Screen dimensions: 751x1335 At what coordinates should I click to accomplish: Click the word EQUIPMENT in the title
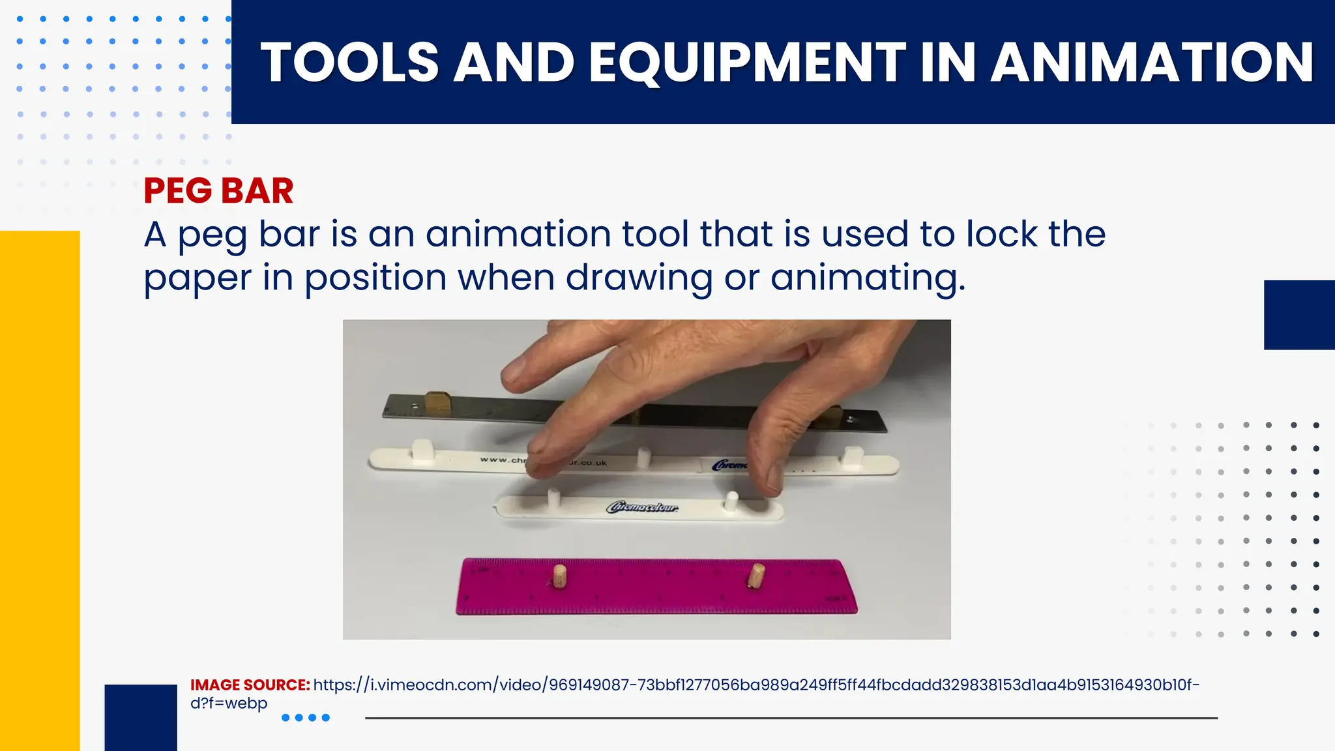point(747,63)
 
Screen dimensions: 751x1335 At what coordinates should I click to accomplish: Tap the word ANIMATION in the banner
point(1152,63)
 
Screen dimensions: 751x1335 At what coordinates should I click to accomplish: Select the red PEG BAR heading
point(218,191)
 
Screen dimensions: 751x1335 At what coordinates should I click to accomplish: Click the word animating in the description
point(867,278)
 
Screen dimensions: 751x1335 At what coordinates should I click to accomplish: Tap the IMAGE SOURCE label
point(250,685)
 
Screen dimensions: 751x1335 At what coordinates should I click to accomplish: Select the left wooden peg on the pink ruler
point(559,577)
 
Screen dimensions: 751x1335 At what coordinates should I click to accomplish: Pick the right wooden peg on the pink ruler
point(756,575)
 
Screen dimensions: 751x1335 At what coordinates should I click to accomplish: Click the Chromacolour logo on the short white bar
point(642,507)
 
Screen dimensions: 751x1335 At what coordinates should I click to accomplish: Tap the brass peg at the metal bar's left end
point(437,404)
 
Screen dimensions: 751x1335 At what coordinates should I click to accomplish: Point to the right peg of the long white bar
point(851,456)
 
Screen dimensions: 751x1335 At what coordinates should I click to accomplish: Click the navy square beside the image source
point(141,717)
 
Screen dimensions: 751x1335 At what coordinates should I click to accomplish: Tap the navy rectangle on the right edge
point(1299,315)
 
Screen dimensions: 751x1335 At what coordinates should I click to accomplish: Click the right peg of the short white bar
point(731,501)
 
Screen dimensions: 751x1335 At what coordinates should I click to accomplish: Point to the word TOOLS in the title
point(349,63)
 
